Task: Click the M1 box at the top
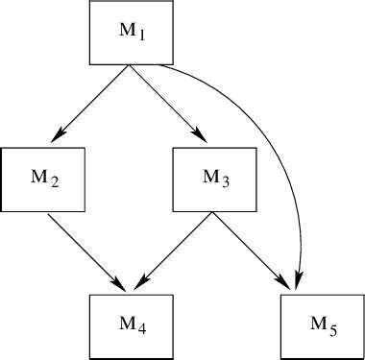coord(131,34)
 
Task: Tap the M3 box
coord(213,179)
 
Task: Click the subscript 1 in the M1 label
coord(141,37)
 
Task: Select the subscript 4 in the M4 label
coord(141,328)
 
